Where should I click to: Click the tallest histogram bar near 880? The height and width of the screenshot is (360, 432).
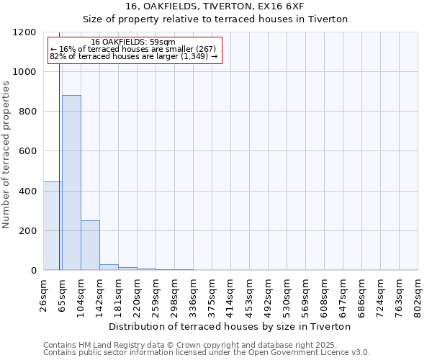coord(71,183)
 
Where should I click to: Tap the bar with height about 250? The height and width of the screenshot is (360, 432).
coord(90,246)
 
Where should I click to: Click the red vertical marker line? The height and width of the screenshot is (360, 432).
coord(59,151)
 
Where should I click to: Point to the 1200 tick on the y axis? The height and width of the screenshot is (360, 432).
coord(28,32)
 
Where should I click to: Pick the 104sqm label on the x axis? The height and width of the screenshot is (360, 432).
coord(81,293)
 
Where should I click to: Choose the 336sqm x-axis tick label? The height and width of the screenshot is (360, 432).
coord(194,293)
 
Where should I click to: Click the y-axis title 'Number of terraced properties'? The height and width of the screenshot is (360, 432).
coord(6,155)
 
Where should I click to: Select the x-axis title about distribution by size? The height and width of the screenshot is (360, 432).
coord(230,326)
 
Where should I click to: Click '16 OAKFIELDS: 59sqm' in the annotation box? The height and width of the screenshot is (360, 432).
coord(133,42)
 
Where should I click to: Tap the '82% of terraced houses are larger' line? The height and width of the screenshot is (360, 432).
coord(133,56)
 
